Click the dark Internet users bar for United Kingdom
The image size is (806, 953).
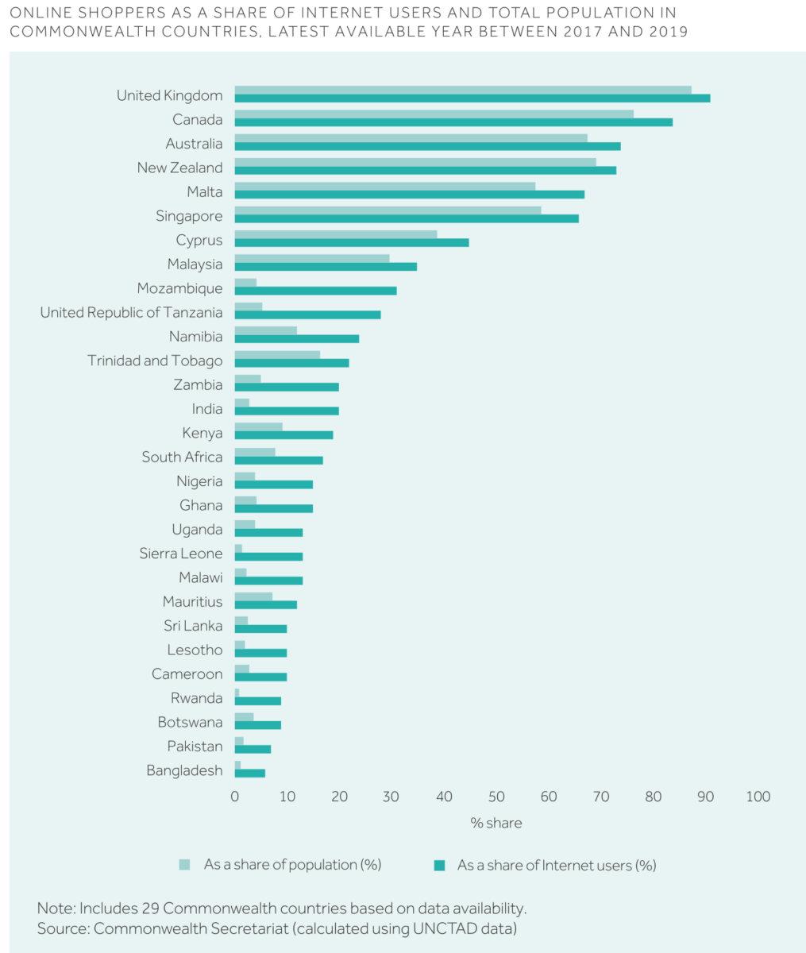coord(472,98)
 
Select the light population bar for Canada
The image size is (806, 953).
coord(434,114)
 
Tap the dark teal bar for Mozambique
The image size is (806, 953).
coord(315,291)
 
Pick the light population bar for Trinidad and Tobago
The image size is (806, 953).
coord(277,355)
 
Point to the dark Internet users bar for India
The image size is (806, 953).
coord(287,411)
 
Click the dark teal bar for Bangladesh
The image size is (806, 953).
coord(249,773)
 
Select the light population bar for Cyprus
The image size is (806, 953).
coord(335,234)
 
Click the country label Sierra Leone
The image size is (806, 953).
coord(181,554)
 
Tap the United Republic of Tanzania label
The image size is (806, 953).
coord(131,313)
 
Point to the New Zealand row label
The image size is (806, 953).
coord(179,168)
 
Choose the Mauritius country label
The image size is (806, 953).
coord(192,602)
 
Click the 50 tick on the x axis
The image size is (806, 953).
coord(496,797)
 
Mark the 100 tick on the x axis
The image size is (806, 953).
coord(758,797)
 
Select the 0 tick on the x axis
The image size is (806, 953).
coord(235,797)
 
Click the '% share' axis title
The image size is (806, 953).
coord(496,823)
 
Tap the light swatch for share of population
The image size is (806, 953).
coord(185,865)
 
